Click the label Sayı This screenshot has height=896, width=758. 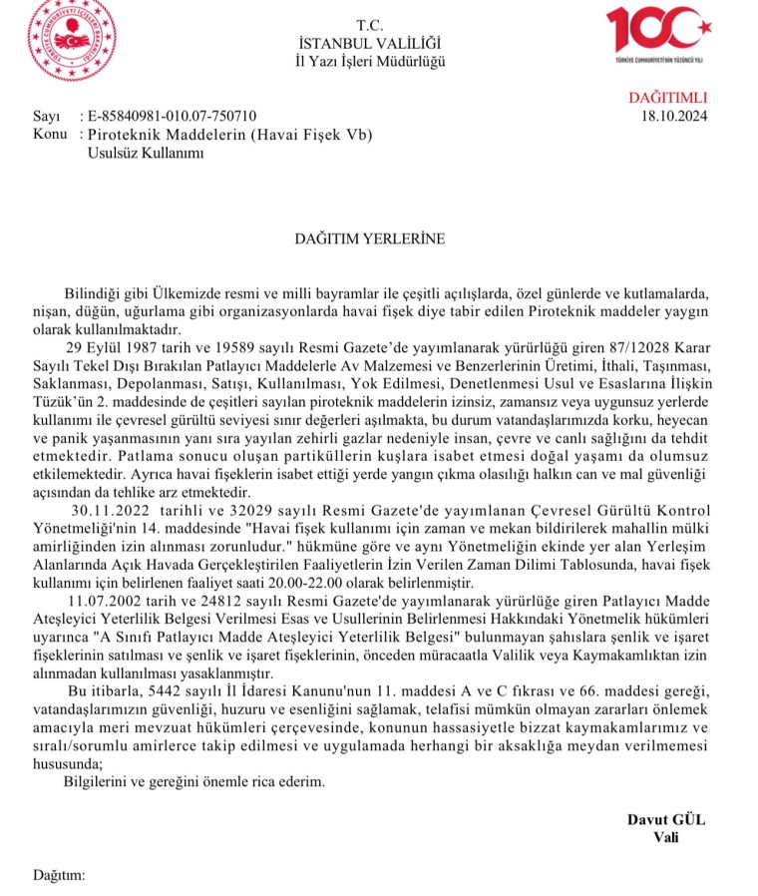tap(46, 116)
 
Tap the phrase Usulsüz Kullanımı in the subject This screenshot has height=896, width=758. tap(147, 152)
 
